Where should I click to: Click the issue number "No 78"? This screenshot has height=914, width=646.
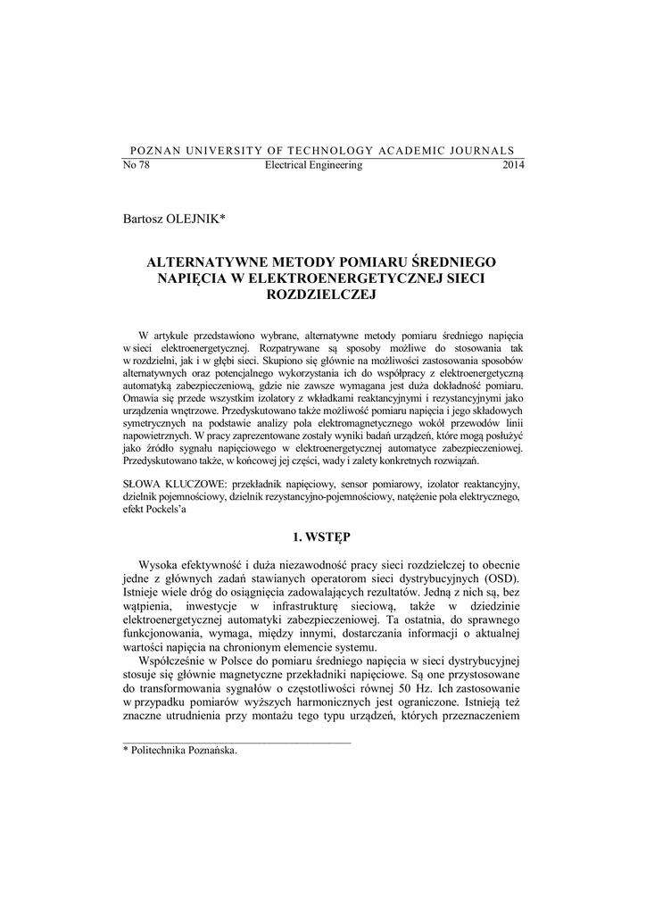pos(135,165)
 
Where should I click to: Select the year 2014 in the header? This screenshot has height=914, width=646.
pos(514,165)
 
